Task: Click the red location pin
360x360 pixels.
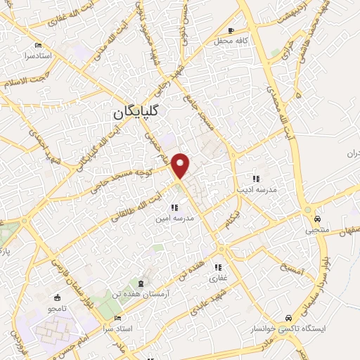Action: [181, 165]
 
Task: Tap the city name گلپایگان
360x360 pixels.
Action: [136, 111]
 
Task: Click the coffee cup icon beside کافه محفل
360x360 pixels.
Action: [232, 31]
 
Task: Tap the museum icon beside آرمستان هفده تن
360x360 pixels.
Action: [142, 283]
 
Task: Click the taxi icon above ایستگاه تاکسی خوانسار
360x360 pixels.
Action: [290, 316]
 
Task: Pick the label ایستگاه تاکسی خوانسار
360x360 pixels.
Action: [288, 328]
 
